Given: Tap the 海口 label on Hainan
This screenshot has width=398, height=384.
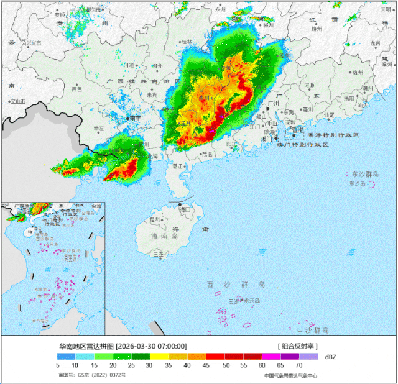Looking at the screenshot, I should coord(185,210).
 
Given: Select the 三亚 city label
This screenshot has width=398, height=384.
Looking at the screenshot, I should coord(159,254).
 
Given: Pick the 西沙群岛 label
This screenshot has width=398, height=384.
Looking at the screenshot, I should coord(236,284).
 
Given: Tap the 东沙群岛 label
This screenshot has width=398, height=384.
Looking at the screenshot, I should coord(362,175).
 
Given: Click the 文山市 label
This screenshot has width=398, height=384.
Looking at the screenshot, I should coord(17,101).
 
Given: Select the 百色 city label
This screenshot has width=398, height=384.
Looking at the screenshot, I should coord(76,89).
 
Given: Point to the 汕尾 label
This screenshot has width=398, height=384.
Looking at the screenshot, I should coord(330,115).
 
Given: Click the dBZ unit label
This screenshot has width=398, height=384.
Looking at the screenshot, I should coord(330,357).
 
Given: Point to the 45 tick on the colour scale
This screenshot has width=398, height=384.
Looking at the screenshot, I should coord(206,367).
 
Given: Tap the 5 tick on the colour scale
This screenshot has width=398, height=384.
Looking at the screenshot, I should coord(57,367).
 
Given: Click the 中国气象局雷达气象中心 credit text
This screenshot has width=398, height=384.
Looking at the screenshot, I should coord(290,376).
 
